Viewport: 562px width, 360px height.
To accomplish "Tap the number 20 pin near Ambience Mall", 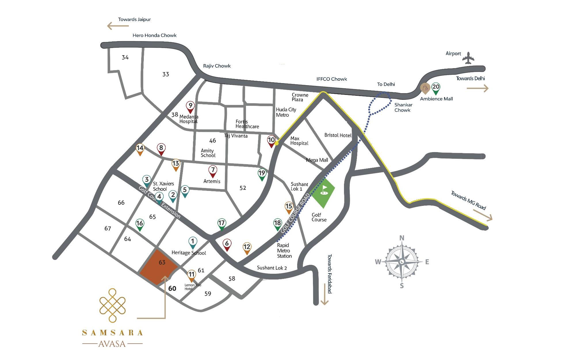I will [x=436, y=88].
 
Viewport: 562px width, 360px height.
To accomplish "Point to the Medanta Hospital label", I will [x=189, y=119].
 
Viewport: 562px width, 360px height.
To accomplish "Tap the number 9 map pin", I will [x=190, y=106].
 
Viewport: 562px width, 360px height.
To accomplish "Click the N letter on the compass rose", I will [x=402, y=238].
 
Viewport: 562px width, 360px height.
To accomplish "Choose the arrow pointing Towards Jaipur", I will [x=118, y=26].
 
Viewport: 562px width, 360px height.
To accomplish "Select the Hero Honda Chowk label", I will [x=154, y=35].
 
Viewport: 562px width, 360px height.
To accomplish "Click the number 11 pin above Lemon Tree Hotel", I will [x=192, y=275].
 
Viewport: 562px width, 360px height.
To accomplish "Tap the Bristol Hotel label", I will [x=338, y=135].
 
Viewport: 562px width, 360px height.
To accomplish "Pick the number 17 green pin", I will [x=221, y=224].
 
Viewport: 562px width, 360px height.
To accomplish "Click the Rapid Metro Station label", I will [x=284, y=251].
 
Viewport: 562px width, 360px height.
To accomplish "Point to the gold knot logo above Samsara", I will [x=112, y=305].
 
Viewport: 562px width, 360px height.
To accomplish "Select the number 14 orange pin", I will [x=140, y=149].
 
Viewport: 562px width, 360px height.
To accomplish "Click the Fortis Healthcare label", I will [x=247, y=124].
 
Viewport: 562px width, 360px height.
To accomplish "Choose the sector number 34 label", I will [x=125, y=58].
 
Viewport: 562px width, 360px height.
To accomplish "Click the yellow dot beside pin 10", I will [x=276, y=143].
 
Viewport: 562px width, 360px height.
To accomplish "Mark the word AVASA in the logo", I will [x=112, y=344].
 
